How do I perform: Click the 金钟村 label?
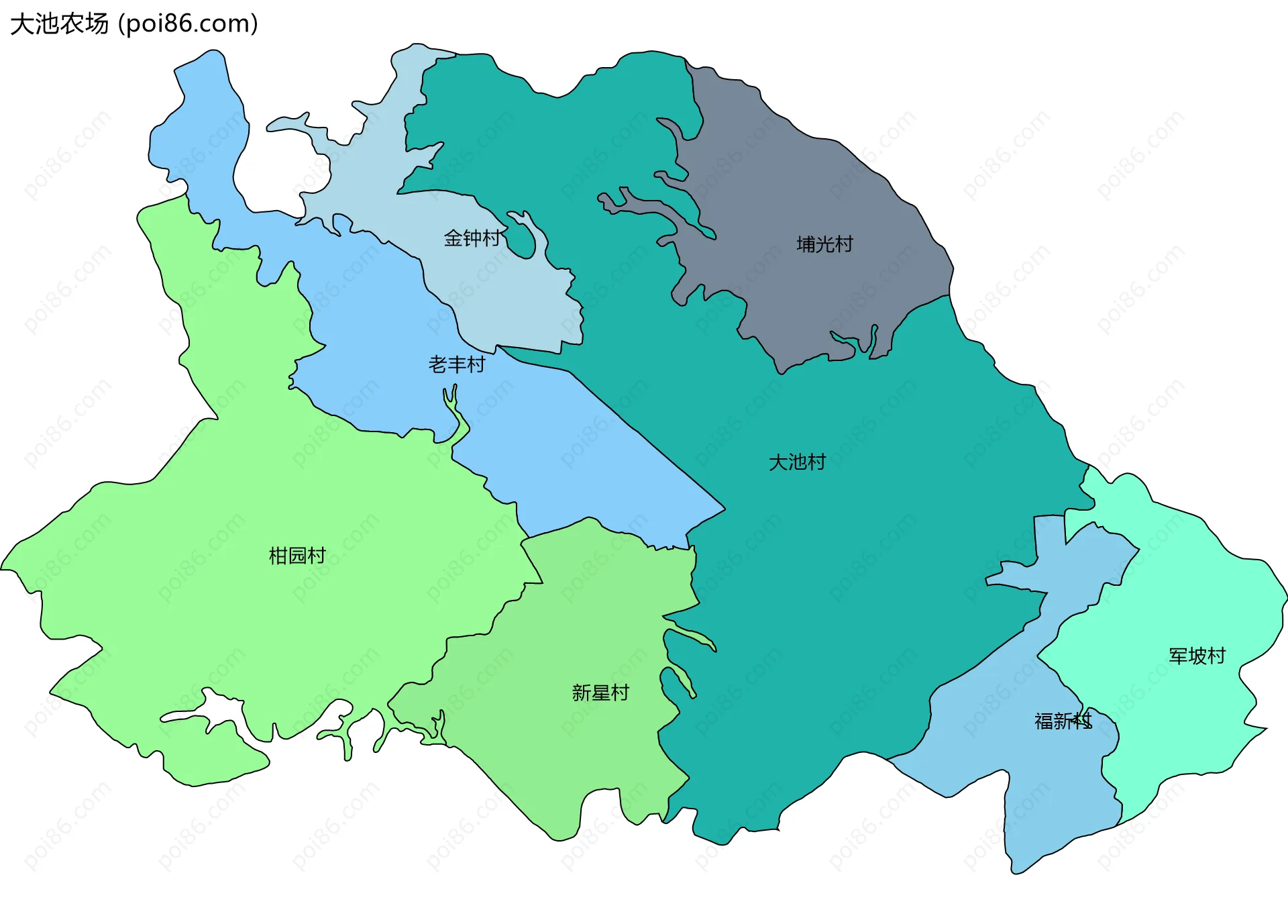pyautogui.click(x=472, y=238)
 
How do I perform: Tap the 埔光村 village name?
pyautogui.click(x=824, y=244)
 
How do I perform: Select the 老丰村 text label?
pyautogui.click(x=457, y=364)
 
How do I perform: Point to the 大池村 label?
pyautogui.click(x=797, y=462)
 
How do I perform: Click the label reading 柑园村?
pyautogui.click(x=297, y=556)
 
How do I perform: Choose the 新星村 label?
pyautogui.click(x=600, y=693)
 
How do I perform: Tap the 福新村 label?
pyautogui.click(x=1063, y=721)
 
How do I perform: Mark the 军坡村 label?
pyautogui.click(x=1197, y=656)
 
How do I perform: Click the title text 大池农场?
pyautogui.click(x=59, y=24)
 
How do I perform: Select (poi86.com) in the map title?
pyautogui.click(x=189, y=24)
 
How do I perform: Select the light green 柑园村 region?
pyautogui.click(x=235, y=470)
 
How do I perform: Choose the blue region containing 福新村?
pyautogui.click(x=1046, y=792)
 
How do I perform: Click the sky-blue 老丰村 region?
pyautogui.click(x=570, y=456)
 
